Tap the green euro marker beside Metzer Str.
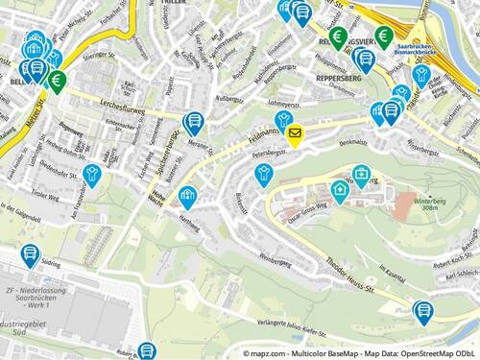(x=57, y=80)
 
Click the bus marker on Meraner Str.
(x=194, y=122)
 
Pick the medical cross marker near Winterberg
(x=360, y=175)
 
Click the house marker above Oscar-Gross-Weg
(x=340, y=190)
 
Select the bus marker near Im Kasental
(x=423, y=310)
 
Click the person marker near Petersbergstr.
(x=263, y=173)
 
